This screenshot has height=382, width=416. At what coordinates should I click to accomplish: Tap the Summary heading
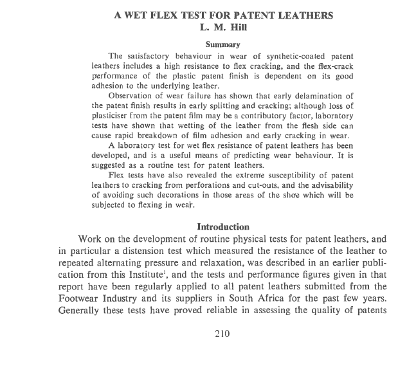(x=222, y=44)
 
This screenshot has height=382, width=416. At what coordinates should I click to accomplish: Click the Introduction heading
(x=222, y=227)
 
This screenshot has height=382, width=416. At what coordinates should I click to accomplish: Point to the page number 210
(x=222, y=333)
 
